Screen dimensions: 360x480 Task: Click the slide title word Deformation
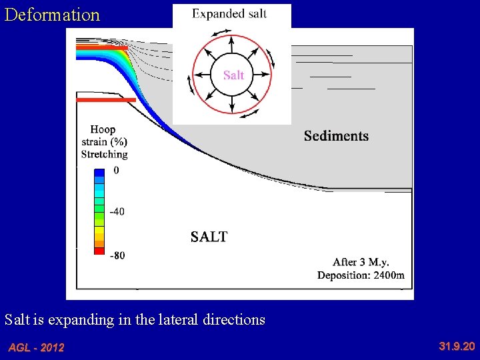pyautogui.click(x=52, y=15)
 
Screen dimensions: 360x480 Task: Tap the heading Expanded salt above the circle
pyautogui.click(x=229, y=14)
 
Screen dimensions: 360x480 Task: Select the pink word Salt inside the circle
pyautogui.click(x=233, y=75)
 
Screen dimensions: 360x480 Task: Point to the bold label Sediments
pyautogui.click(x=336, y=136)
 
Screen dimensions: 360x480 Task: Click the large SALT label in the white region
pyautogui.click(x=209, y=237)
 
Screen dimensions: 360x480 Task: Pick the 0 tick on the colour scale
pyautogui.click(x=117, y=171)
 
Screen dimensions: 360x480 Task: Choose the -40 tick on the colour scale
pyautogui.click(x=117, y=212)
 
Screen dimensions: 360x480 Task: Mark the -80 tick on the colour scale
pyautogui.click(x=117, y=255)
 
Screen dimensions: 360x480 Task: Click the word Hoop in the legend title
pyautogui.click(x=103, y=130)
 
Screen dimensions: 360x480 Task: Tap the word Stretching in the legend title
pyautogui.click(x=104, y=154)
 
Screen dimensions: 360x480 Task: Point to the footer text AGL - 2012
pyautogui.click(x=36, y=347)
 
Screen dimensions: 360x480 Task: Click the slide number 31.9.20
pyautogui.click(x=457, y=346)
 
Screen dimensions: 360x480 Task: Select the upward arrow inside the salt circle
pyautogui.click(x=232, y=44)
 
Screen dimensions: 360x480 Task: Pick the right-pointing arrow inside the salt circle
pyautogui.click(x=263, y=75)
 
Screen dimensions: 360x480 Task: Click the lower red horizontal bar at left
pyautogui.click(x=106, y=100)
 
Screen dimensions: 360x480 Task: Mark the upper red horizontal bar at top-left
pyautogui.click(x=101, y=48)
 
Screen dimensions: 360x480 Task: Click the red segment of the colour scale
pyautogui.click(x=99, y=251)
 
